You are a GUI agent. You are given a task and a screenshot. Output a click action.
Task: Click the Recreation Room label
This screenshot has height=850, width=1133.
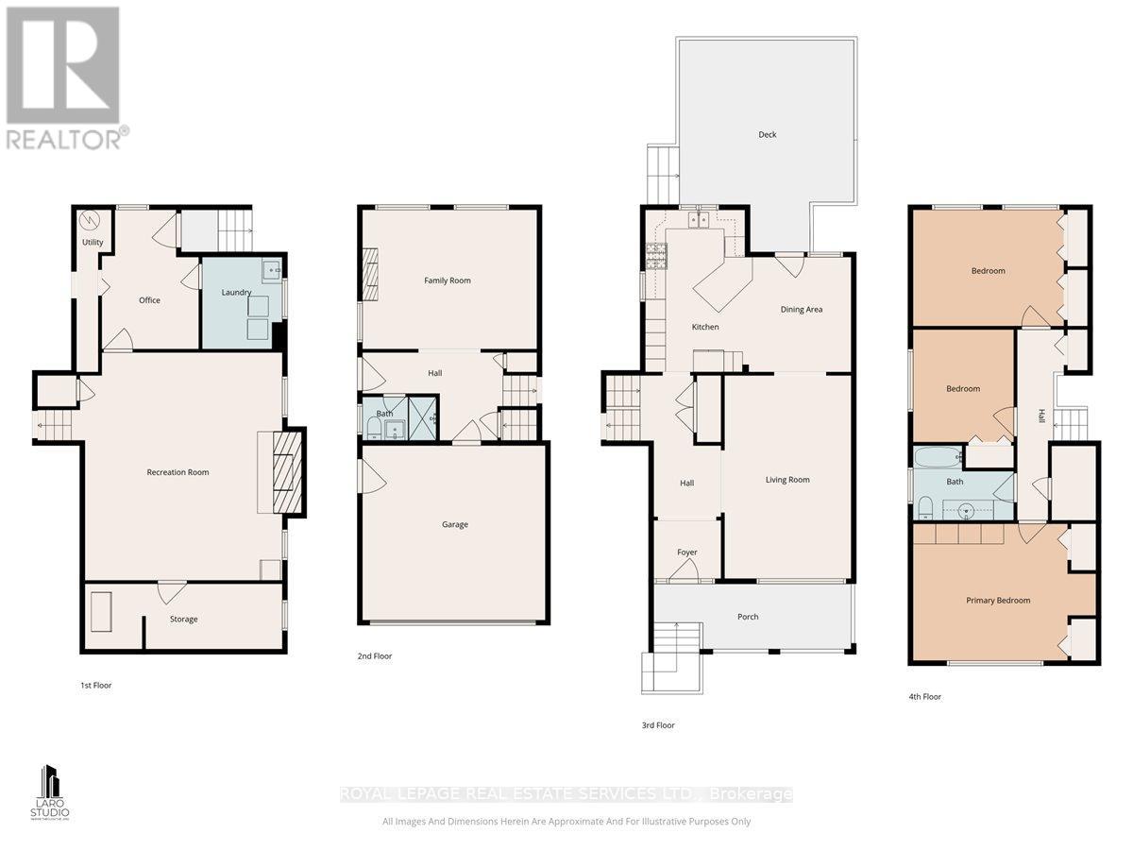pyautogui.click(x=178, y=472)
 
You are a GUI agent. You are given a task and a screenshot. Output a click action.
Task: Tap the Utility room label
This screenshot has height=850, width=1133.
pyautogui.click(x=92, y=243)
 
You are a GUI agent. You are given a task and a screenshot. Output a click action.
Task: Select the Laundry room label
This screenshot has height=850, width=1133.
pyautogui.click(x=236, y=293)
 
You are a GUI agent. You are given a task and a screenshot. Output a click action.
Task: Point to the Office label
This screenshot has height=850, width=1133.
pyautogui.click(x=149, y=300)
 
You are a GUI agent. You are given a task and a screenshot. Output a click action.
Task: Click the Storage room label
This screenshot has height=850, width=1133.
pyautogui.click(x=183, y=620)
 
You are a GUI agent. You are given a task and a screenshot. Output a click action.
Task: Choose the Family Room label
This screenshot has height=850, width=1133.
pyautogui.click(x=447, y=280)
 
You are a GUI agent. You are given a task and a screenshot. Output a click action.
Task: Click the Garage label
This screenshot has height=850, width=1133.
pyautogui.click(x=454, y=525)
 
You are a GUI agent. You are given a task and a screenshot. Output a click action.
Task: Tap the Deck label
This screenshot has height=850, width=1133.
pyautogui.click(x=767, y=135)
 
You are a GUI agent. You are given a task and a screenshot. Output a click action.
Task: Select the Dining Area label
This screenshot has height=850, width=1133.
pyautogui.click(x=801, y=310)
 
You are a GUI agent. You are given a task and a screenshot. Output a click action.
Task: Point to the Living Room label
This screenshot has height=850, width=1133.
pyautogui.click(x=786, y=480)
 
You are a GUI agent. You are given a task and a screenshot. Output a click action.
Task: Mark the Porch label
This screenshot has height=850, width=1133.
pyautogui.click(x=748, y=618)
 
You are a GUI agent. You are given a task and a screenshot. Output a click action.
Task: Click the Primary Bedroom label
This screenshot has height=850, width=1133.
pyautogui.click(x=997, y=601)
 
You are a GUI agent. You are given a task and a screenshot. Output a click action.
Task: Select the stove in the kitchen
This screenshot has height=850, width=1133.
pyautogui.click(x=656, y=253)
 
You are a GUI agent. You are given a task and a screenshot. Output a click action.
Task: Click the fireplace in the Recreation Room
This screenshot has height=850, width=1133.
pyautogui.click(x=283, y=470)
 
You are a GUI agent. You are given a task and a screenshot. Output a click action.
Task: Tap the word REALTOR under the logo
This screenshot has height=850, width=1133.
pyautogui.click(x=64, y=140)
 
